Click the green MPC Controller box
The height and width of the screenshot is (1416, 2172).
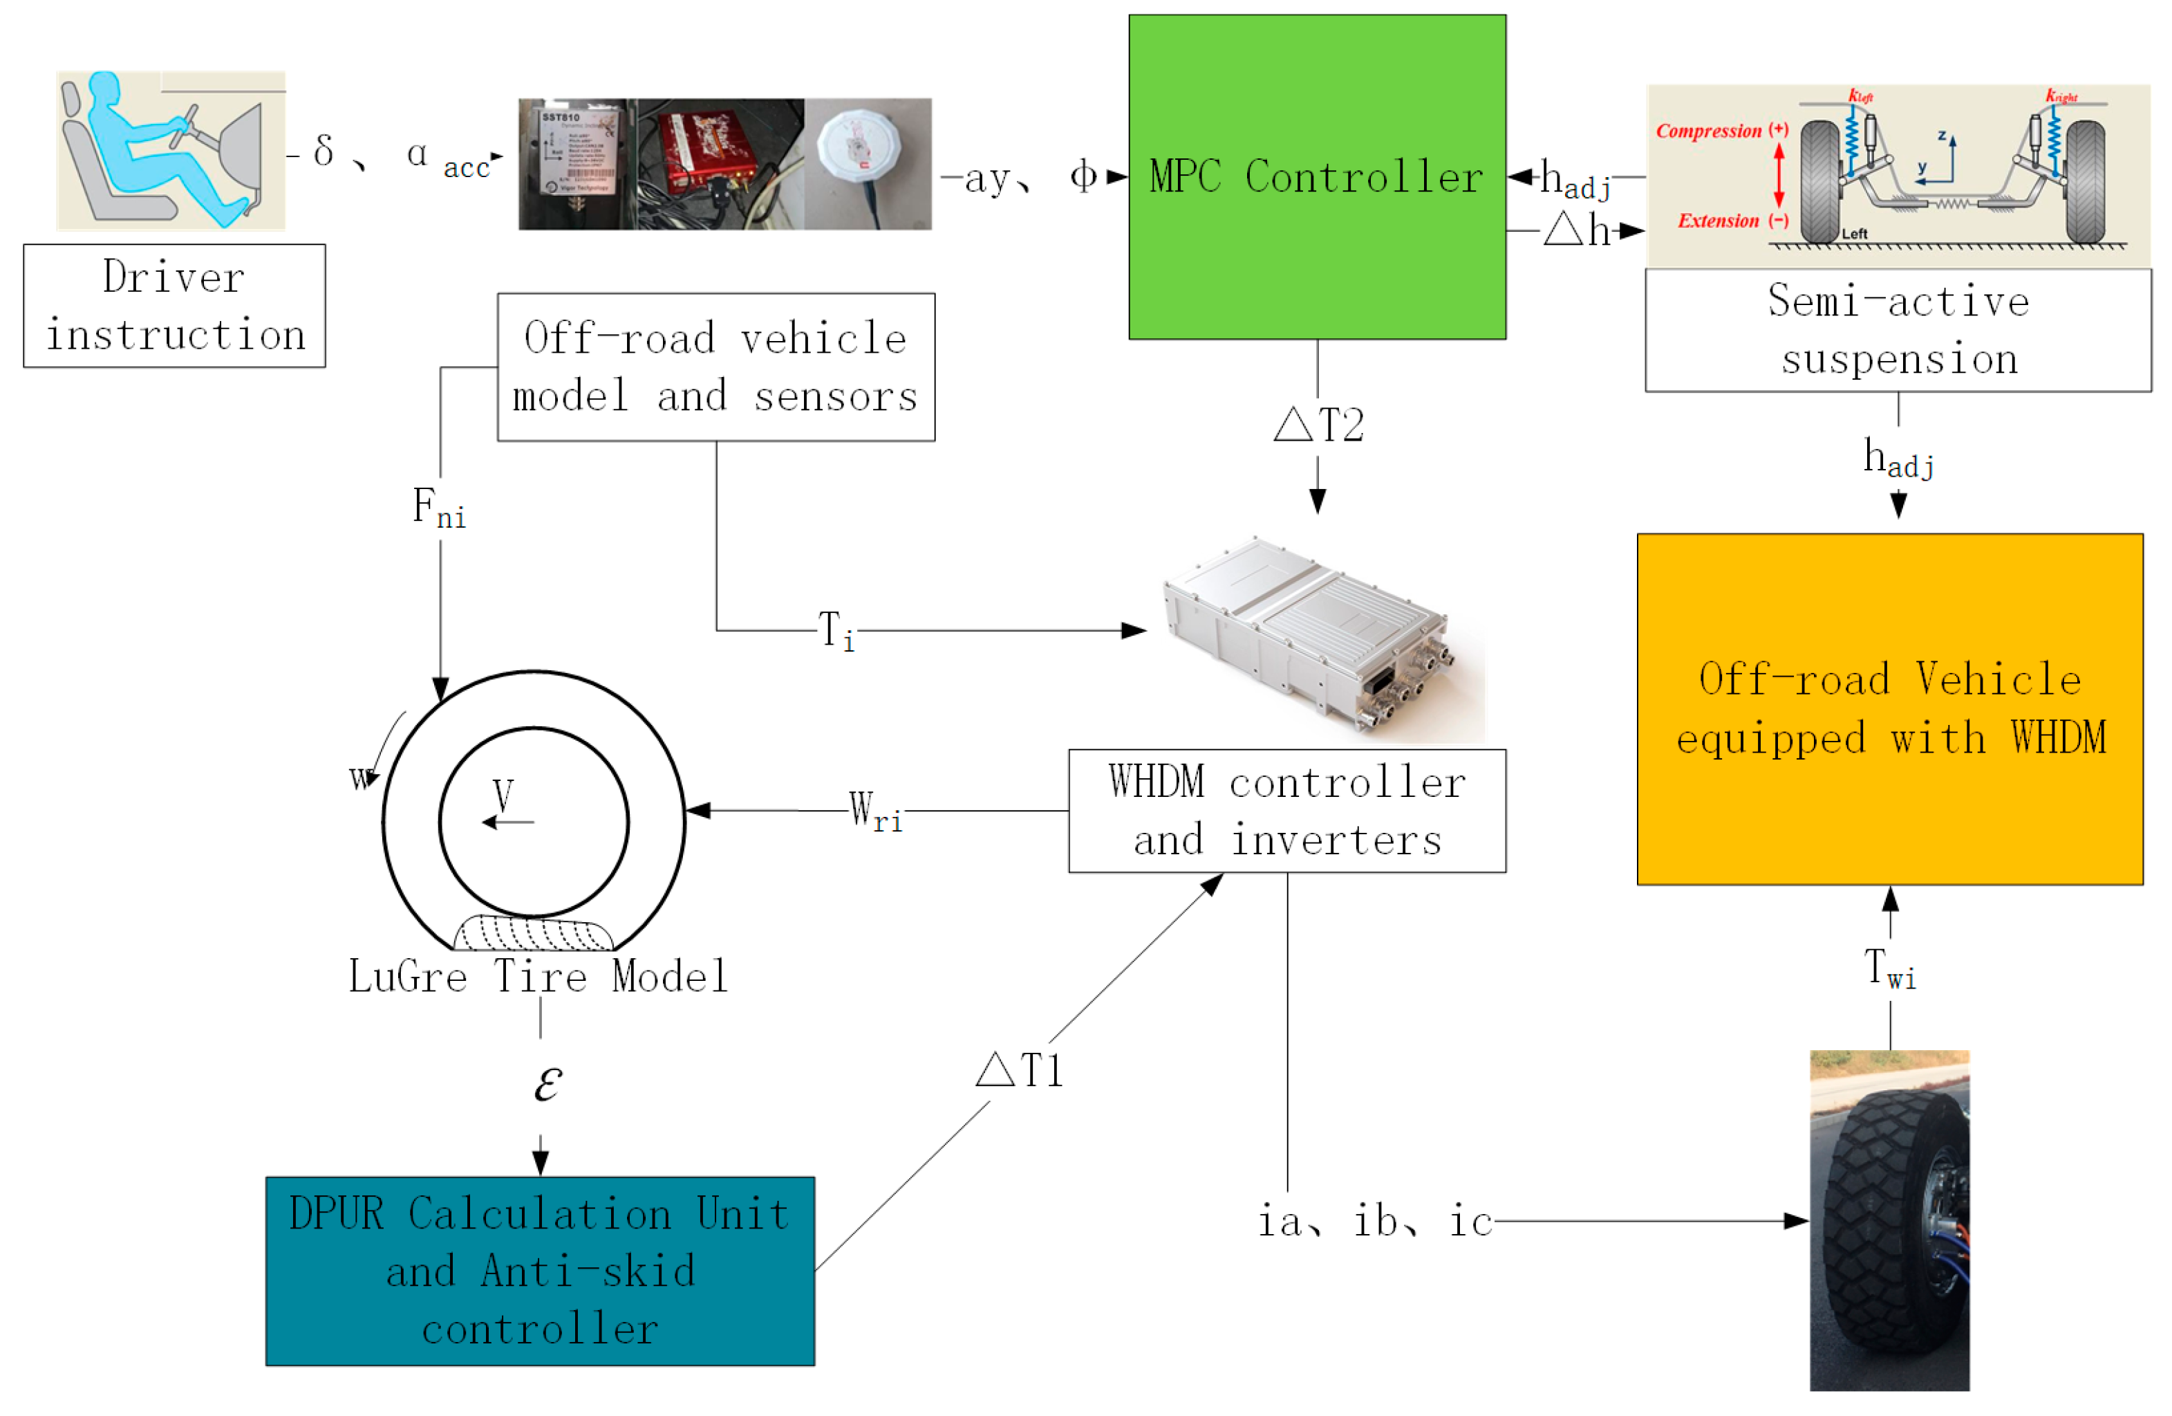point(1316,177)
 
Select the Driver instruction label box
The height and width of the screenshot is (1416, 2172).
point(174,306)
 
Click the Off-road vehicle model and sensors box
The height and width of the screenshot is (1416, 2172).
point(715,367)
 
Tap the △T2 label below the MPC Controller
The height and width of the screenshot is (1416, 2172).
point(1319,425)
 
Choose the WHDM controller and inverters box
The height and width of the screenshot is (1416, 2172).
point(1286,811)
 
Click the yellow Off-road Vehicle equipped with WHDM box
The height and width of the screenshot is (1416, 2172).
point(1889,708)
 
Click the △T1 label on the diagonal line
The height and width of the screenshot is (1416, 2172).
point(1020,1070)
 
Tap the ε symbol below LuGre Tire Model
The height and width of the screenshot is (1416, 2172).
point(547,1084)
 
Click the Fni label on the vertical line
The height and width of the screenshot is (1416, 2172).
point(439,508)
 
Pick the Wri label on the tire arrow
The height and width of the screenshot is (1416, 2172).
point(874,811)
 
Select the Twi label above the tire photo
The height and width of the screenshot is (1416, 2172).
point(1889,970)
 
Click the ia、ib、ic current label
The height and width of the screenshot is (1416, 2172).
point(1374,1222)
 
